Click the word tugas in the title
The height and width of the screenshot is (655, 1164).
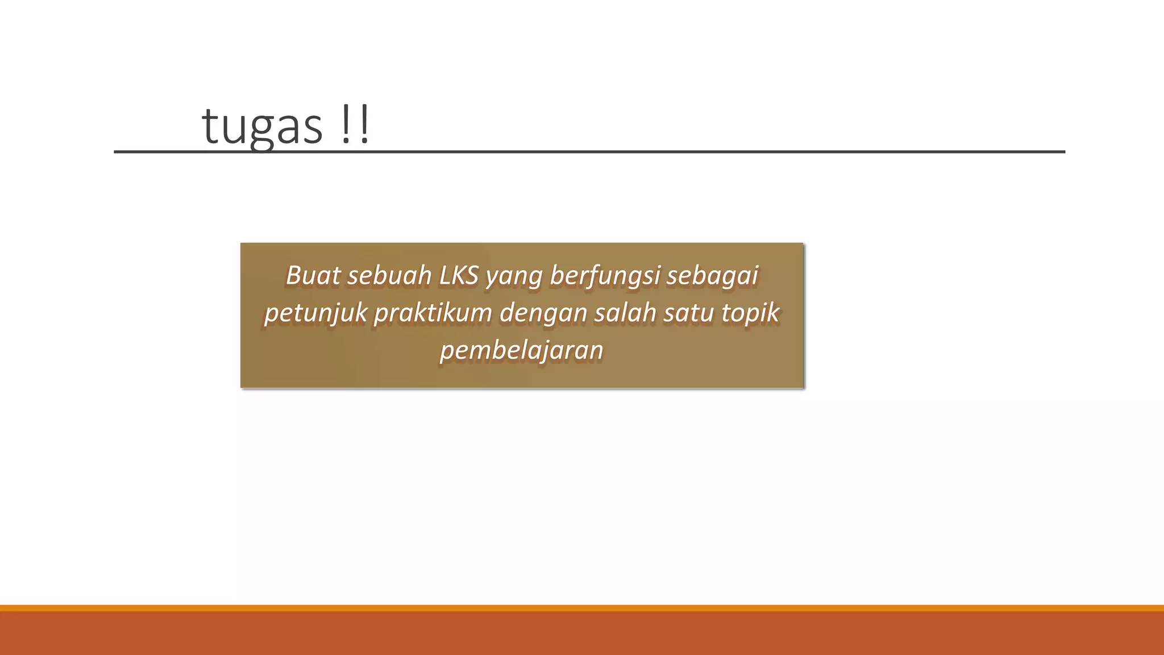(262, 126)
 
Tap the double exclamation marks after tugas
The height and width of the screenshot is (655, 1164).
(356, 126)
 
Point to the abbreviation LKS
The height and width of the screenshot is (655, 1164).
(459, 276)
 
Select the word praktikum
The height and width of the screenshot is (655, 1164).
(433, 313)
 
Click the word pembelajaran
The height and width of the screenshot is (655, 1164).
(521, 350)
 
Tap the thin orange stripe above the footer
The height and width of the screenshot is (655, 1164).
(582, 608)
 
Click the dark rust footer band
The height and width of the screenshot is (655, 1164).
(582, 633)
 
